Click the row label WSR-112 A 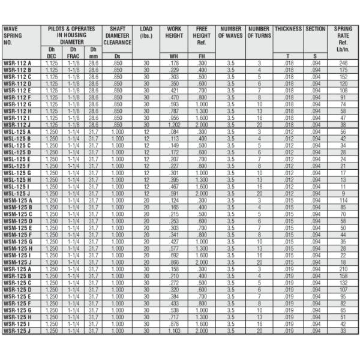[x=17, y=63]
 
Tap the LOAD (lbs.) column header [x=146, y=32]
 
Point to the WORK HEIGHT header [x=175, y=32]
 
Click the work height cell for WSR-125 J [x=175, y=331]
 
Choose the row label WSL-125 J [x=17, y=193]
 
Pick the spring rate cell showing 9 [x=343, y=193]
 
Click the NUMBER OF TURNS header [x=259, y=32]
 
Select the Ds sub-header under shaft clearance [x=117, y=56]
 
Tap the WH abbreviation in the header [x=175, y=56]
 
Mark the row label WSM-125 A [x=18, y=200]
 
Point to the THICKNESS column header [x=288, y=29]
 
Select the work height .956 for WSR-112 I [x=175, y=119]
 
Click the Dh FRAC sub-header [x=74, y=52]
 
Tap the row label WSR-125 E [x=17, y=296]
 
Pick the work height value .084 [x=175, y=131]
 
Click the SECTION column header [x=316, y=29]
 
